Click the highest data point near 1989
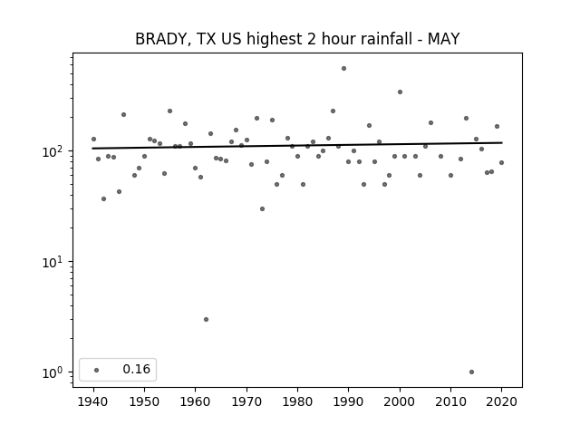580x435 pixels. (x=343, y=69)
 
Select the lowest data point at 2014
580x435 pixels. (x=471, y=372)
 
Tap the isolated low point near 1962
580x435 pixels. (x=206, y=320)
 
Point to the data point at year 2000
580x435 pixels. (x=400, y=92)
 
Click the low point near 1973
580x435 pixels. (x=262, y=209)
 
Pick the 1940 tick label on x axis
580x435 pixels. (x=93, y=401)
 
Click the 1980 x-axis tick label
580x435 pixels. (x=297, y=401)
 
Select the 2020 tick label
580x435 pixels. (x=501, y=401)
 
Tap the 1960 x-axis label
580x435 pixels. (x=196, y=401)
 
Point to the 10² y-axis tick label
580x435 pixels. (x=54, y=151)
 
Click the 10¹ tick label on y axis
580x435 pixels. (x=54, y=262)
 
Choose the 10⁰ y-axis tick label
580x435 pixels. (x=54, y=372)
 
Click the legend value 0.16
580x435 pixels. (x=137, y=369)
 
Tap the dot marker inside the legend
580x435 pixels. (x=97, y=370)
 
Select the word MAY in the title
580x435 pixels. (x=443, y=39)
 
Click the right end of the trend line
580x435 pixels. (x=502, y=142)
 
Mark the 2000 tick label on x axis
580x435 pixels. (x=400, y=401)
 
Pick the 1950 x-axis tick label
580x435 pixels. (x=145, y=401)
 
